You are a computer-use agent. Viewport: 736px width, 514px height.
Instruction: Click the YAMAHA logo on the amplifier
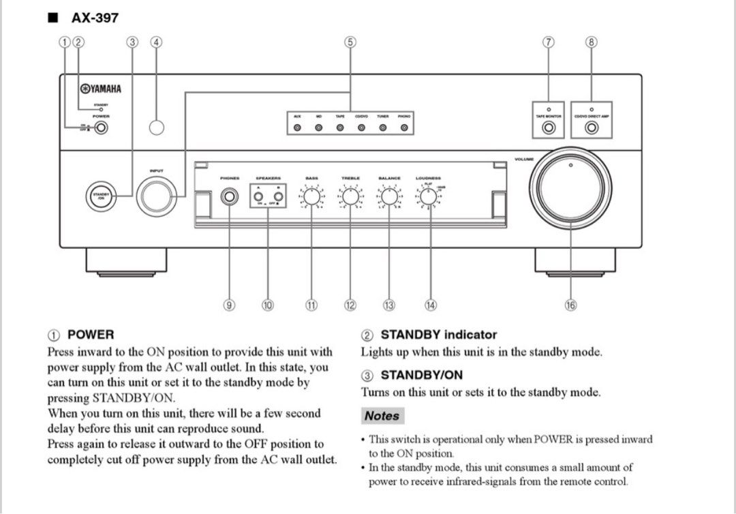coord(101,89)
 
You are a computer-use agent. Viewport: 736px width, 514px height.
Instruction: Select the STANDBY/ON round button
coord(100,196)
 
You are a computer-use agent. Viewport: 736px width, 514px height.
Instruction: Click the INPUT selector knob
coord(157,196)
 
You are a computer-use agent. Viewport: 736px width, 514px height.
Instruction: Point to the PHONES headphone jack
coord(230,197)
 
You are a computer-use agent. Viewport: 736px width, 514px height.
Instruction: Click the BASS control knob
coord(311,197)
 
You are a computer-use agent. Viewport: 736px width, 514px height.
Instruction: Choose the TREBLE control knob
coord(350,197)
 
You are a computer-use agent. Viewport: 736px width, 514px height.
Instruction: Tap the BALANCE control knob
coord(389,197)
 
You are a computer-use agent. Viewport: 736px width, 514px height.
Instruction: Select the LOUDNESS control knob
coord(429,197)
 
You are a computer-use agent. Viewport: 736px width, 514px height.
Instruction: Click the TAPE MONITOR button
coord(549,127)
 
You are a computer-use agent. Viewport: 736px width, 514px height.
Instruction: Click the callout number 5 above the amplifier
coord(349,42)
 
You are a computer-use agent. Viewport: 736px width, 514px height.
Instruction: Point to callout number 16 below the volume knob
coord(570,305)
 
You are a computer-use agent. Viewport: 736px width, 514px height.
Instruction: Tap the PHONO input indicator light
coord(404,127)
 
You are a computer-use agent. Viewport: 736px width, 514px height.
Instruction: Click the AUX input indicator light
coord(297,127)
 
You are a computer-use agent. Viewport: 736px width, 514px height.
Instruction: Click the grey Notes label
coord(382,415)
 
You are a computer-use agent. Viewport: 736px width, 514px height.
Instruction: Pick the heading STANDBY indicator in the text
coord(438,335)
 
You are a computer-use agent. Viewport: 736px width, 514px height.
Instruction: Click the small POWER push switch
coord(101,127)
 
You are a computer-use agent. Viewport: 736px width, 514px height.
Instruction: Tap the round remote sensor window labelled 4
coord(157,127)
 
